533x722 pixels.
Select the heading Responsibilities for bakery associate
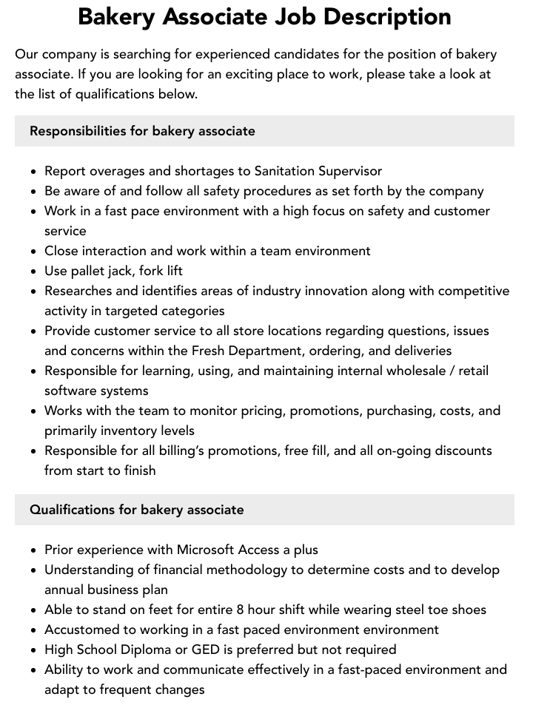point(142,131)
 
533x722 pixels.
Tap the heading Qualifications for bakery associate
point(136,510)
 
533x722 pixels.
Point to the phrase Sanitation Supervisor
point(318,171)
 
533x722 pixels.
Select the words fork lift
point(161,271)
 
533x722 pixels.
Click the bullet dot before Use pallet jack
point(34,271)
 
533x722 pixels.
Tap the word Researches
point(80,291)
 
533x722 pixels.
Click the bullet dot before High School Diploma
point(34,650)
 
